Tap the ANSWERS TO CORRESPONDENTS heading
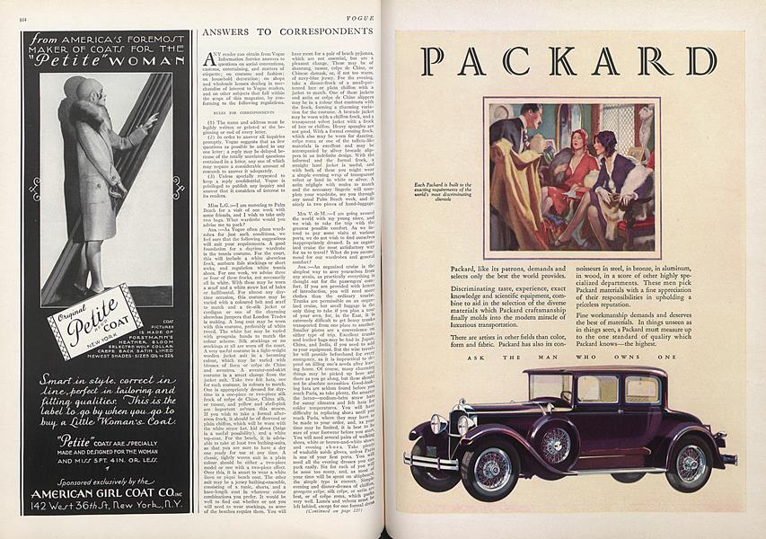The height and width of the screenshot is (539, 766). tap(282, 31)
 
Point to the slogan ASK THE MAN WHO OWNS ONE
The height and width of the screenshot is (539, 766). tap(571, 357)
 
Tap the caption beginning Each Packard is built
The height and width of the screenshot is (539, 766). tap(440, 191)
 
